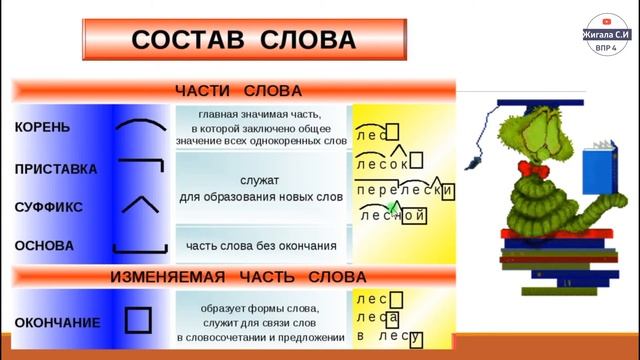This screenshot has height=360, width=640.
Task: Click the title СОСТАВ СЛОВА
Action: click(244, 39)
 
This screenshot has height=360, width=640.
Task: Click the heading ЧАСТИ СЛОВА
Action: click(238, 91)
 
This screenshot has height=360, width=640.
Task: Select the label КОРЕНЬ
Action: click(43, 127)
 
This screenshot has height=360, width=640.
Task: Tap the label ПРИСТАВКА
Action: click(56, 169)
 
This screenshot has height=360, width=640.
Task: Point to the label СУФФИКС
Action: click(49, 207)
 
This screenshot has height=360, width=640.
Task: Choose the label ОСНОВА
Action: click(44, 245)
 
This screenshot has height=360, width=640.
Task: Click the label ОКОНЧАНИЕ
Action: click(57, 322)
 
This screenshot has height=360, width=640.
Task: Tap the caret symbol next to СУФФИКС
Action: click(139, 205)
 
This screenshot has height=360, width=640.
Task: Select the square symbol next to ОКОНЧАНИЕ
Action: click(138, 320)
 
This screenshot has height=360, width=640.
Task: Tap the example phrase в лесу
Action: click(389, 337)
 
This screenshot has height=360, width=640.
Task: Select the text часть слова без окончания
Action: click(261, 245)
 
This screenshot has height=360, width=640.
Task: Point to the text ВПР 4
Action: click(606, 47)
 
